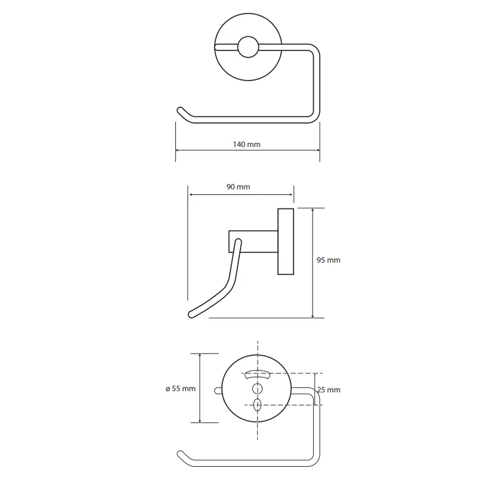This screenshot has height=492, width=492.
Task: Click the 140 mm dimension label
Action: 247,145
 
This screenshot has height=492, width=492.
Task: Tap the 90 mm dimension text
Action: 238,187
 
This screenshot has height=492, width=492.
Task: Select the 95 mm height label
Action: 328,260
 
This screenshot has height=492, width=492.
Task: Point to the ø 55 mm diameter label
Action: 180,389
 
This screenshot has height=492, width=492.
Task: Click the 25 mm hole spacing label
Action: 329,390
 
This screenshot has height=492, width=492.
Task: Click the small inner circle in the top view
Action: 248,47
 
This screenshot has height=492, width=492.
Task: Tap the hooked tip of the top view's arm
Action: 180,110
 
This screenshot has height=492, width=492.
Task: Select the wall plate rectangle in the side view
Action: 285,241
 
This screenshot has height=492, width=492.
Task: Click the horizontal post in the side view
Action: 253,241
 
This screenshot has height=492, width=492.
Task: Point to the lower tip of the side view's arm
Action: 191,314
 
